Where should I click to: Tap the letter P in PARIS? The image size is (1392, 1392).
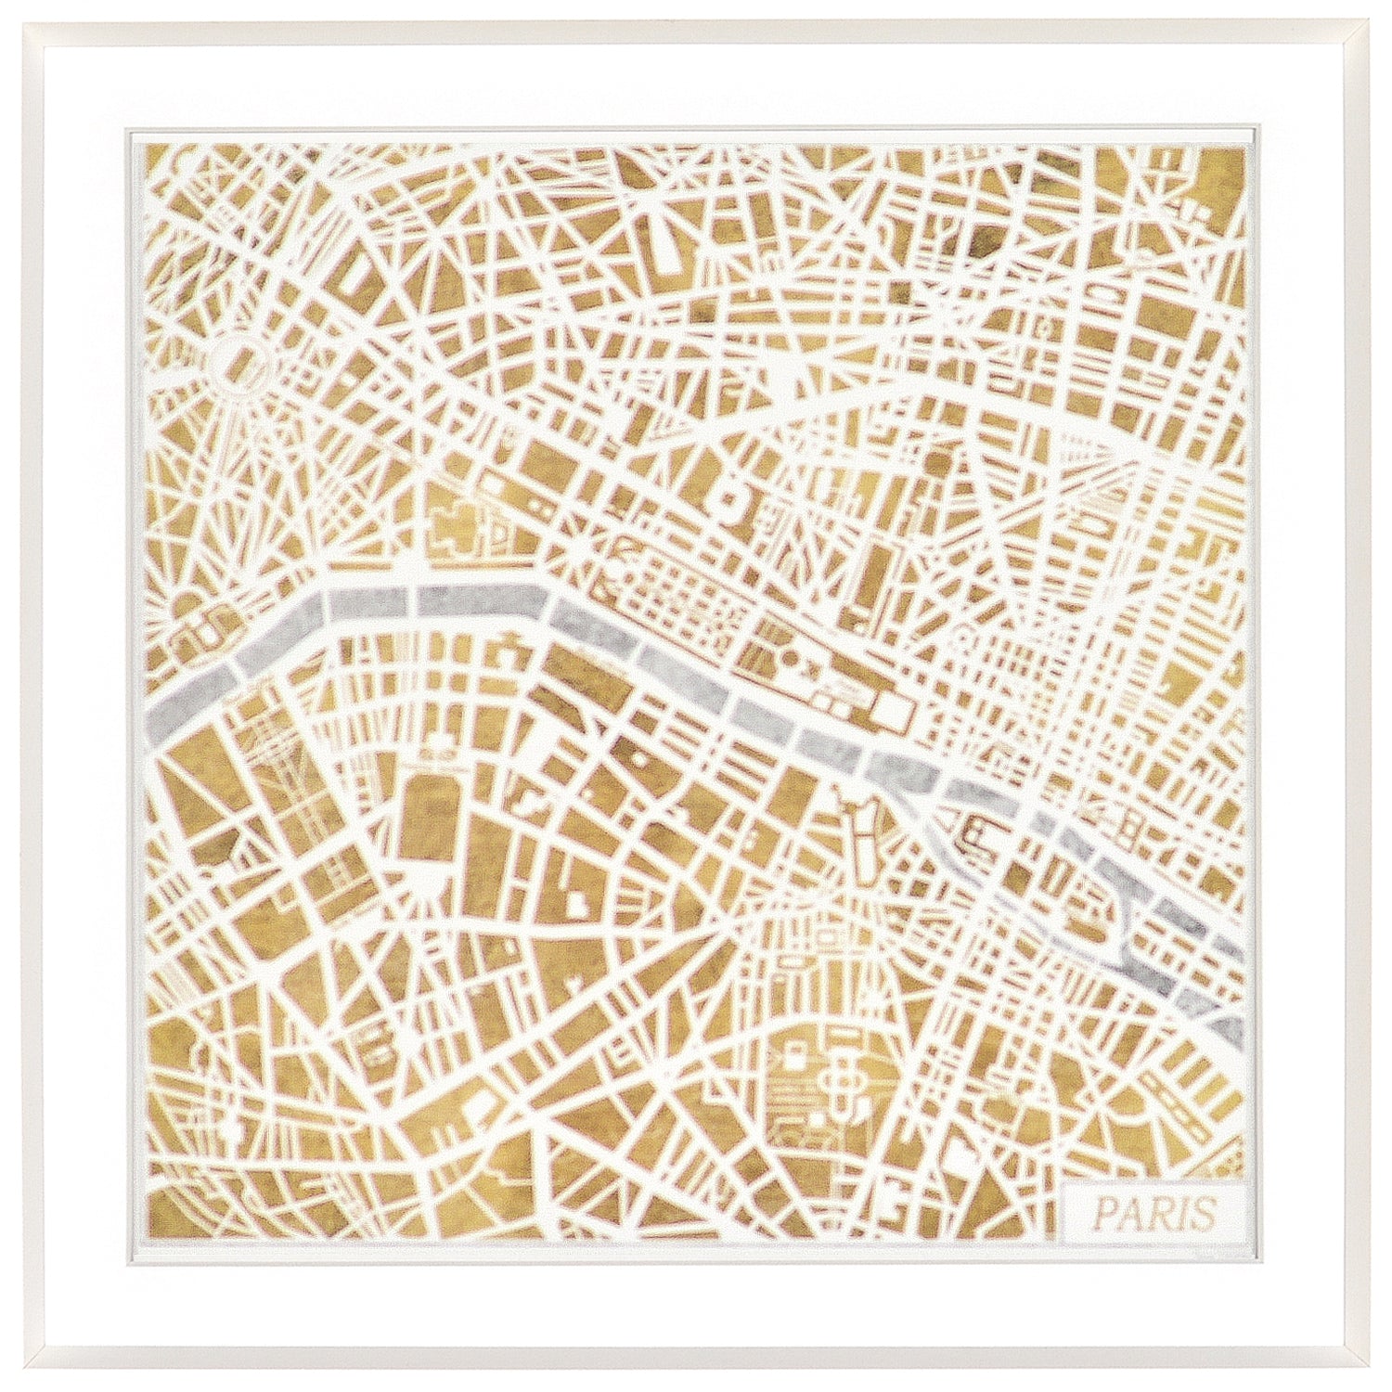click(1103, 1210)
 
